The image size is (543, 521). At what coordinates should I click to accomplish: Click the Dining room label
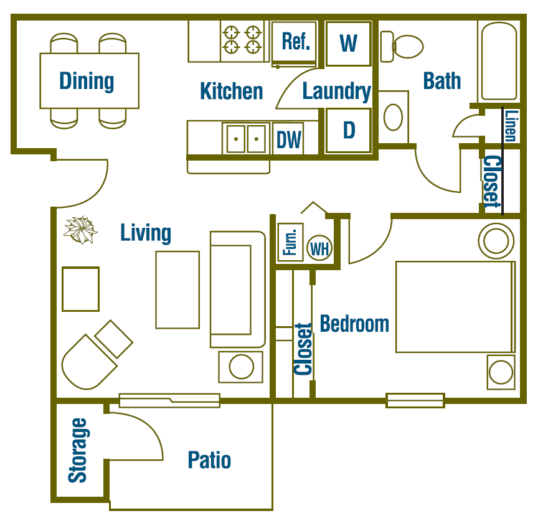87,81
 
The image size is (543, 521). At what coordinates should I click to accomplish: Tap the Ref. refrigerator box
296,42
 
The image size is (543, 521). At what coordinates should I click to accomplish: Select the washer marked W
349,43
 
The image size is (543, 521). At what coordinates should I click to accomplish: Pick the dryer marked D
349,130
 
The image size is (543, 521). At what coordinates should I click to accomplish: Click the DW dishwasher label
288,140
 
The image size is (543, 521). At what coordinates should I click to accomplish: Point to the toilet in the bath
407,47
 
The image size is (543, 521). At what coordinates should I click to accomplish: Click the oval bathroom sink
393,116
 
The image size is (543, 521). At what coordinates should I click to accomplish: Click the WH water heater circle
319,249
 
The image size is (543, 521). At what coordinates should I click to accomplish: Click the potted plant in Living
80,230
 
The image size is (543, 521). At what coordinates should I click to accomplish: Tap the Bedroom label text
354,324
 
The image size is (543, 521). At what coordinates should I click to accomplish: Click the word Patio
209,461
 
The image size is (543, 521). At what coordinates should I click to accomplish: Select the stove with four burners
242,40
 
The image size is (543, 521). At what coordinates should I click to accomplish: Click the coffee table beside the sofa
177,289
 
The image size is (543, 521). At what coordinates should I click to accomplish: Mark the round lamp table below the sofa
241,367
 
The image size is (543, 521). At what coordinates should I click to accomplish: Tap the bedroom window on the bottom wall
415,400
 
